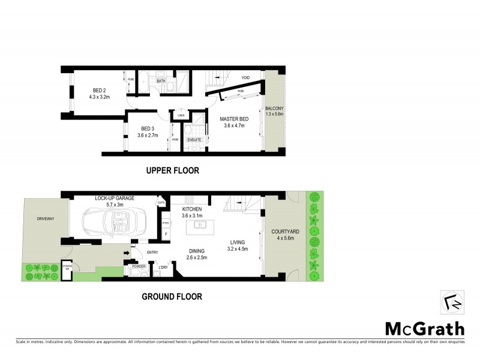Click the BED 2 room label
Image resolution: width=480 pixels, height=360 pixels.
pos(100,92)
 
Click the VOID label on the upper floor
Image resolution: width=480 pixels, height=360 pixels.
pos(245,78)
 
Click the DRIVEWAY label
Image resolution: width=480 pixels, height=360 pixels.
pos(45,219)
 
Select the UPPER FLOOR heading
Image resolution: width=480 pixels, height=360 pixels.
pos(172,171)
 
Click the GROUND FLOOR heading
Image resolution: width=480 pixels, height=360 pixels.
pos(172,296)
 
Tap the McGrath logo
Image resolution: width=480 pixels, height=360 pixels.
pos(424,328)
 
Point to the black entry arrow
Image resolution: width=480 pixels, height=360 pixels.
pos(127,253)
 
